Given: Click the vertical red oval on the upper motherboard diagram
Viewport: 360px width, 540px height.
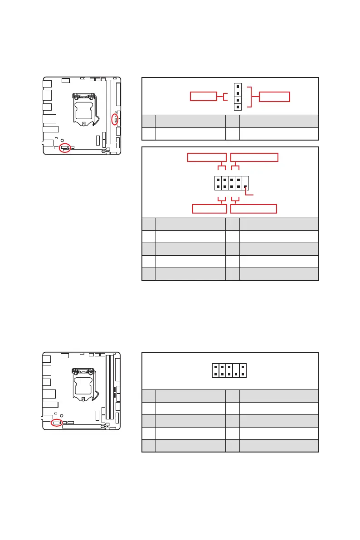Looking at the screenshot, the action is point(115,119).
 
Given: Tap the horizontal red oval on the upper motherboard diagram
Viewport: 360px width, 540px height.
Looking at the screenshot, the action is point(65,148).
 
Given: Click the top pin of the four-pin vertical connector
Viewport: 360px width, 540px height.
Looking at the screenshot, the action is point(238,86).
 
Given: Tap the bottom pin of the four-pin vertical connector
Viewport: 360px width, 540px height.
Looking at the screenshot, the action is point(238,107).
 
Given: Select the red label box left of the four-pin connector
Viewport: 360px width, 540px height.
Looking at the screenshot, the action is point(203,96).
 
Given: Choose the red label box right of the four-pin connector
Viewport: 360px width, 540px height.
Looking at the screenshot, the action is point(274,96).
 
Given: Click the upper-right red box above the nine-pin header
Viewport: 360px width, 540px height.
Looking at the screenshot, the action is point(254,157).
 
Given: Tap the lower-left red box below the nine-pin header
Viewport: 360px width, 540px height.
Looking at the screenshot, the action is point(209,209).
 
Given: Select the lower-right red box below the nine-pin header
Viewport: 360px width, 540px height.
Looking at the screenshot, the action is point(253,209).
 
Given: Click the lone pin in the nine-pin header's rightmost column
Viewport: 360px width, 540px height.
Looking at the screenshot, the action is point(245,187).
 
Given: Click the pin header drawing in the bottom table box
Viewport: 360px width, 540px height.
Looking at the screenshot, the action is point(229,370).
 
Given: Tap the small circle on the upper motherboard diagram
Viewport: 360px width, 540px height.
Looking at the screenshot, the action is point(62,141).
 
